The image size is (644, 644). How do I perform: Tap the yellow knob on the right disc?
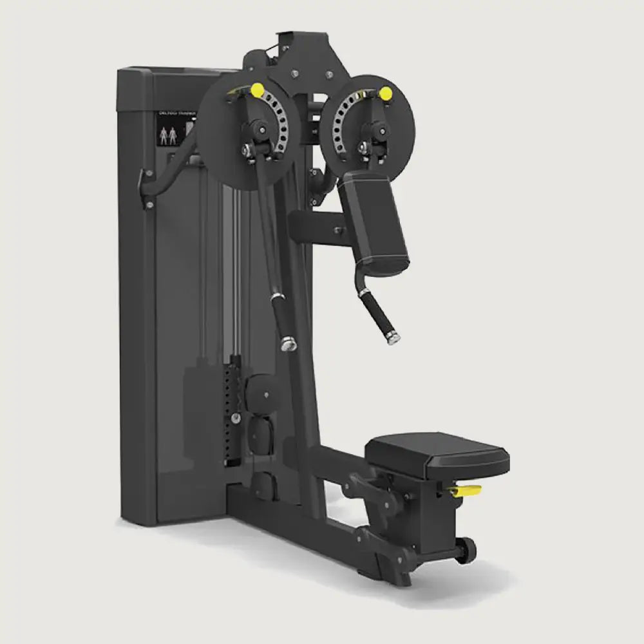(386, 93)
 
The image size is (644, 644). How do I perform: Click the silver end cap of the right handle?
(391, 339)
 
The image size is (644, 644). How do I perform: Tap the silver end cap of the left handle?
(287, 345)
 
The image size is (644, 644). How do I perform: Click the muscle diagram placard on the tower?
(169, 135)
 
